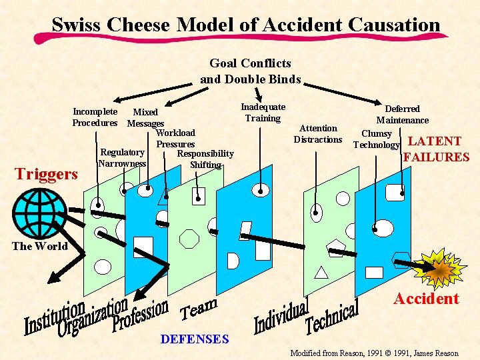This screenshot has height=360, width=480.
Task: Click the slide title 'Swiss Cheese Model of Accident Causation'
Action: pyautogui.click(x=246, y=25)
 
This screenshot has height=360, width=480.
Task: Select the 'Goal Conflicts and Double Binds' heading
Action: pyautogui.click(x=251, y=71)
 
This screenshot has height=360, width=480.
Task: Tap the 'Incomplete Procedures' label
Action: pyautogui.click(x=95, y=117)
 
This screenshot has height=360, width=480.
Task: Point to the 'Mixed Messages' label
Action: pyautogui.click(x=145, y=118)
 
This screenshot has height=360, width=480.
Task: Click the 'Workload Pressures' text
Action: pyautogui.click(x=175, y=139)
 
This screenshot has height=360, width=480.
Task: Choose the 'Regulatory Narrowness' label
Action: pyautogui.click(x=122, y=158)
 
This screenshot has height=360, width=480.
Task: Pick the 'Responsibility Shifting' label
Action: pyautogui.click(x=205, y=159)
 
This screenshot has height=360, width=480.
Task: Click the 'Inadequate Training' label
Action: pyautogui.click(x=263, y=113)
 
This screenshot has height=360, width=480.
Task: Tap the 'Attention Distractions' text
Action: pyautogui.click(x=318, y=134)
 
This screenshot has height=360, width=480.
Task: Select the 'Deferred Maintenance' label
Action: pyautogui.click(x=402, y=115)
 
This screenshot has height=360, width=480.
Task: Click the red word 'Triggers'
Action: pyautogui.click(x=47, y=174)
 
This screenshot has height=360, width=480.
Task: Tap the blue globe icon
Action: pyautogui.click(x=39, y=211)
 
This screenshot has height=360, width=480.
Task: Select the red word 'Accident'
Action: pyautogui.click(x=426, y=299)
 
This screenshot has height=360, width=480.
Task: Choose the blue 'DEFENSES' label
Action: pyautogui.click(x=195, y=339)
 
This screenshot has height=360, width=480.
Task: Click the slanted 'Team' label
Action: pyautogui.click(x=199, y=309)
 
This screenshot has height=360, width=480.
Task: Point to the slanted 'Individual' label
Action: pyautogui.click(x=281, y=316)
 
